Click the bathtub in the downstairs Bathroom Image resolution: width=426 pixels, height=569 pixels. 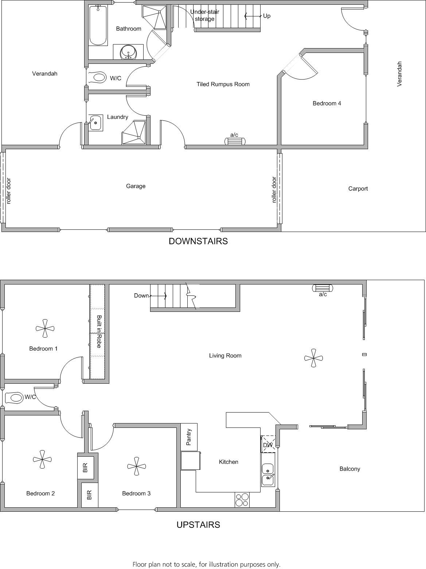tap(98, 26)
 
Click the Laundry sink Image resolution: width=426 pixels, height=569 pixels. tap(95, 123)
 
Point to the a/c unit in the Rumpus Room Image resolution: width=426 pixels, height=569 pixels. tap(235, 141)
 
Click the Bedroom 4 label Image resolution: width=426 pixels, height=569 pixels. tap(327, 104)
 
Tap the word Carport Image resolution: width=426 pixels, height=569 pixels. tap(358, 189)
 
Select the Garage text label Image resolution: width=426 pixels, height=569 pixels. tap(136, 186)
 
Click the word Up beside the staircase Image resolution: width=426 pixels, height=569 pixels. tap(267, 16)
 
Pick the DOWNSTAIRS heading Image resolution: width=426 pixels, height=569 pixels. tap(198, 241)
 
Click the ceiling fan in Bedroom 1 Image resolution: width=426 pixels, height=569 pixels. tap(45, 328)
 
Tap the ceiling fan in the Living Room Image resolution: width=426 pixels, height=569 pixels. tap(313, 358)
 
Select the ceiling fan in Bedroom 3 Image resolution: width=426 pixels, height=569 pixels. tap(137, 466)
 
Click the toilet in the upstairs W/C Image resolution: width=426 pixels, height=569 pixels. tap(14, 398)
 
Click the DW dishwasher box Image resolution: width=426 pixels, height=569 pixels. tap(268, 445)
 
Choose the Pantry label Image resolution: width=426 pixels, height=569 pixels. tap(189, 437)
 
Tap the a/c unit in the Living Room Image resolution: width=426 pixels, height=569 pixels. tap(323, 288)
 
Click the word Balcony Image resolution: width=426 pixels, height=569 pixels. tap(349, 469)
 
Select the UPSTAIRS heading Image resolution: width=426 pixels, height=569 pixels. tap(198, 525)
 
